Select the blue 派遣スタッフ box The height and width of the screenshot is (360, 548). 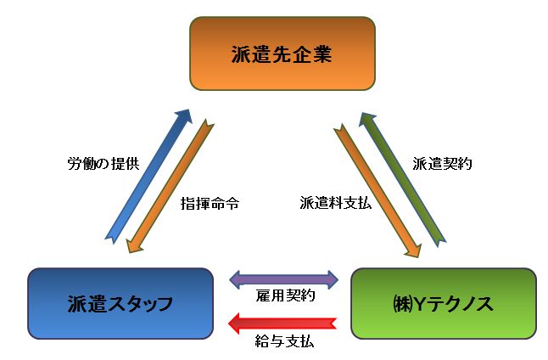120,303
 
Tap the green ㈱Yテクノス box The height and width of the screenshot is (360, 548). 443,303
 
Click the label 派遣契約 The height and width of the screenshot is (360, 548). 441,162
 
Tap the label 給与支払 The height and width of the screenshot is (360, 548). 286,345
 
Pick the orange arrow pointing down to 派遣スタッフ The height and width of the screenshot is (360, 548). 171,188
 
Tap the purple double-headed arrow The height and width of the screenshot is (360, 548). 284,278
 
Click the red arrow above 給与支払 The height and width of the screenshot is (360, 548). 284,323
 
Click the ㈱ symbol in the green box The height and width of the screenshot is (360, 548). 402,303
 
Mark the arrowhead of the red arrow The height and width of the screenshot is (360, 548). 238,323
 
